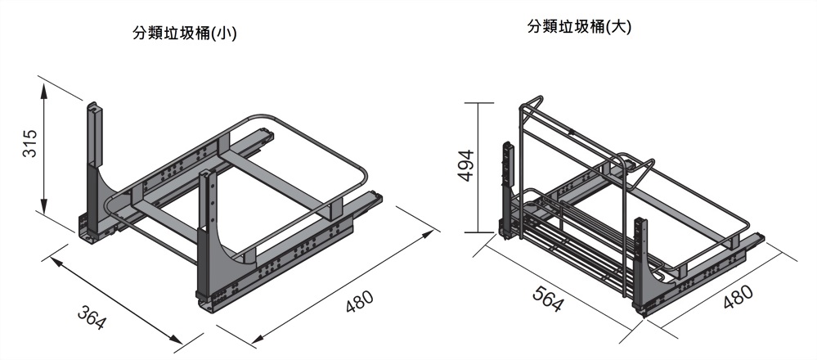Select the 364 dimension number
pos(92,317)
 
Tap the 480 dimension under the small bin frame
pos(359,303)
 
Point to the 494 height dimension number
pos(464,166)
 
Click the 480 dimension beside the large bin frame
pos(738,297)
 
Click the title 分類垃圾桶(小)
pos(185,34)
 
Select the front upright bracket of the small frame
pos(209,237)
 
